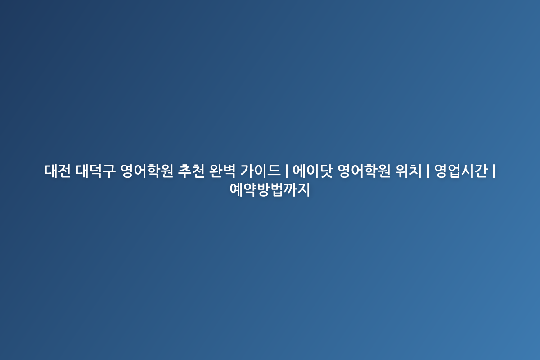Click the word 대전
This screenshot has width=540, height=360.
tap(58, 171)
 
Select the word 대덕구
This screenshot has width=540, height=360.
tap(95, 171)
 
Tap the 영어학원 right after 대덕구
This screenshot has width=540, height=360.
tap(147, 171)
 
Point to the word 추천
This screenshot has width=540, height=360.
tap(191, 171)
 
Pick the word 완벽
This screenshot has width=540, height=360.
tap(222, 171)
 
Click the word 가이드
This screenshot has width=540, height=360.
tap(261, 171)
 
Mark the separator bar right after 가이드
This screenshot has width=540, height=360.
tap(286, 171)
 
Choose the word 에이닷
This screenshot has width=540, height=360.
tap(313, 171)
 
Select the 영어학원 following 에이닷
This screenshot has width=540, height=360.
tap(364, 171)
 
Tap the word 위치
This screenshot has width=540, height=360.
tap(409, 171)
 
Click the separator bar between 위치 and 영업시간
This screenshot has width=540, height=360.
tap(428, 171)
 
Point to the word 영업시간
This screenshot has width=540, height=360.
tap(461, 171)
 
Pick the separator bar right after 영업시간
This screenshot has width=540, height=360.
tap(494, 171)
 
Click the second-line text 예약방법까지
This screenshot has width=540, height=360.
tap(270, 190)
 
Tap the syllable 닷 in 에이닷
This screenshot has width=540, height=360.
tap(326, 171)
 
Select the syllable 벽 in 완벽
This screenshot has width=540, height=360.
tap(229, 171)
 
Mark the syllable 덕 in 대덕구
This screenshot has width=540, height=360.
tap(95, 171)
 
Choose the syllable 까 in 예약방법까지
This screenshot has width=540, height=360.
tap(290, 190)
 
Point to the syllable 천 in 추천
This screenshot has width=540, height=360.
tap(198, 171)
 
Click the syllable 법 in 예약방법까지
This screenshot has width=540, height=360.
tap(276, 190)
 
